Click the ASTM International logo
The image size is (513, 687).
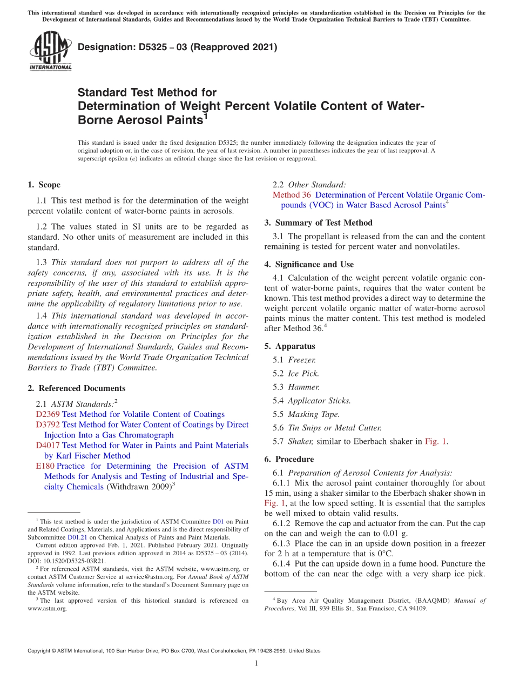pos(50,51)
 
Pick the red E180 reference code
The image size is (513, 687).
pos(45,466)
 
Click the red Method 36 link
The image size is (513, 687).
pos(291,195)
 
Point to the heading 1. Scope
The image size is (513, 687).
pos(44,185)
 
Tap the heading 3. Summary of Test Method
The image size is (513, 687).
pos(318,223)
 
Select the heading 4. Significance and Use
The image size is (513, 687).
pos(309,264)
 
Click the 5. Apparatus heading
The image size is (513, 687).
pos(289,346)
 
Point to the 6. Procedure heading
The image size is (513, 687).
pos(289,459)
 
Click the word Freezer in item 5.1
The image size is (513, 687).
pos(302,360)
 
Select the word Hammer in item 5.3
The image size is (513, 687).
pos(303,387)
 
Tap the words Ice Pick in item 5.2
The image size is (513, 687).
pos(303,373)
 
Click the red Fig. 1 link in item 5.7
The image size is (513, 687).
pos(436,441)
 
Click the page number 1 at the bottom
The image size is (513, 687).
pos(256,663)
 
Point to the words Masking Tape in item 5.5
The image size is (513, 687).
pos(314,414)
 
